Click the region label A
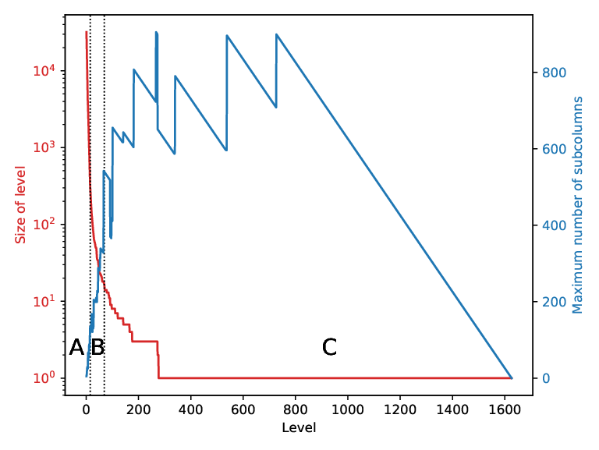[x=76, y=347]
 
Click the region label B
[x=97, y=347]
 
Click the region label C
[x=329, y=347]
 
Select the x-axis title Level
[x=299, y=427]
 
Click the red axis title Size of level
[x=19, y=205]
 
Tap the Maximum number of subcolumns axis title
[x=577, y=205]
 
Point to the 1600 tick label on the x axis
[x=505, y=410]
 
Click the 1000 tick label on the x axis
[x=348, y=410]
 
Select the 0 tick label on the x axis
[x=86, y=410]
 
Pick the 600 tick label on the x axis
[x=243, y=410]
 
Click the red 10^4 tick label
[x=44, y=70]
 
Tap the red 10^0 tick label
[x=44, y=377]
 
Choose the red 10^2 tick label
[x=44, y=224]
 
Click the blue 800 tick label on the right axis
[x=554, y=73]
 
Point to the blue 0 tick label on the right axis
[x=546, y=378]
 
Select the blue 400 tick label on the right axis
[x=554, y=225]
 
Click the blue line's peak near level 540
[x=227, y=35]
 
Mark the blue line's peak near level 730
[x=277, y=34]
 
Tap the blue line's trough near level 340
[x=175, y=154]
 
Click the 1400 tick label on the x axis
[x=452, y=410]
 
